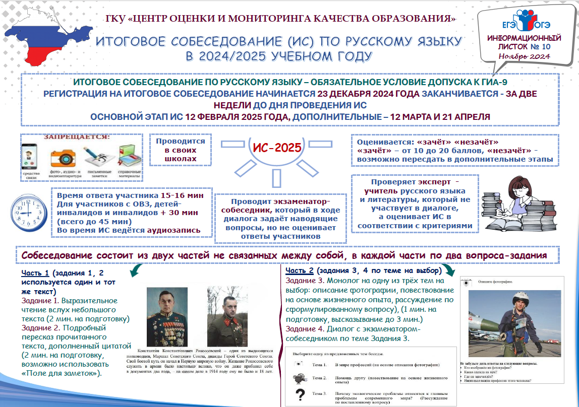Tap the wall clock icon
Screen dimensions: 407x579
click(25, 212)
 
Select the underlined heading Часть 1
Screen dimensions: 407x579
click(35, 273)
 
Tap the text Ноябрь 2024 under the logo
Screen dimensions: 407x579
click(524, 56)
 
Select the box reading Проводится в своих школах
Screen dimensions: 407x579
click(180, 150)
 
